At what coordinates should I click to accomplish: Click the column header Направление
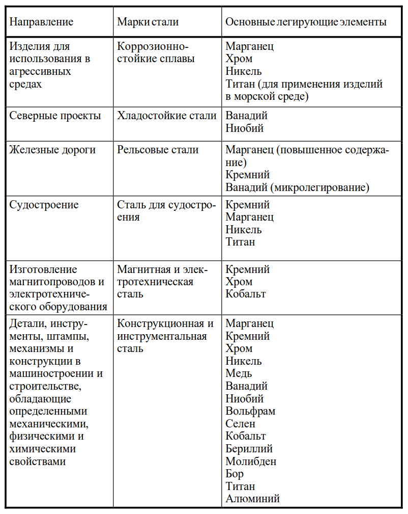point(42,22)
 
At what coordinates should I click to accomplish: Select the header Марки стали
point(148,22)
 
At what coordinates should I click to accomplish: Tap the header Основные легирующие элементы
point(306,22)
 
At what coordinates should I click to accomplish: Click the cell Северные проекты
point(55,116)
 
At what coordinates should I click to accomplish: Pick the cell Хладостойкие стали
point(167,116)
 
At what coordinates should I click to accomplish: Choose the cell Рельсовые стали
point(158,150)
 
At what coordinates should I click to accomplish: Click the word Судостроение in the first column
point(44,205)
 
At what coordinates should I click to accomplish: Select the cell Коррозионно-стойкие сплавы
point(156,52)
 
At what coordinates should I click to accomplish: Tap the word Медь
point(239,373)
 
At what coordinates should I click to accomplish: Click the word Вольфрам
point(250,411)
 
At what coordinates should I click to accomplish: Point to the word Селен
point(241,424)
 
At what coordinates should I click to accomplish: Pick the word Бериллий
point(249,449)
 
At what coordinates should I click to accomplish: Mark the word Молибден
point(251,462)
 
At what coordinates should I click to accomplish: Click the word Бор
point(235,474)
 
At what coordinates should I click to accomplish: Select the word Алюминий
point(253,499)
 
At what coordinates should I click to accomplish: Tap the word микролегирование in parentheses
point(320,187)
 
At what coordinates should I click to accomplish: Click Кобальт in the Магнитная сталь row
point(246,294)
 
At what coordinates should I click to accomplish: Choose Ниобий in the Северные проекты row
point(245,128)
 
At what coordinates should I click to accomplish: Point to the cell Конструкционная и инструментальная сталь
point(165,336)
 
